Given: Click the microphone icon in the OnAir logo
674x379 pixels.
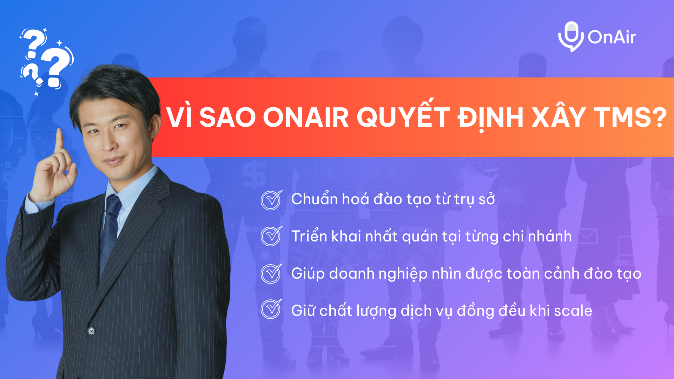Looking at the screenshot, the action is pos(571,36).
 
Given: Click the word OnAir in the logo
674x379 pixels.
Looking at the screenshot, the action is pos(612,37).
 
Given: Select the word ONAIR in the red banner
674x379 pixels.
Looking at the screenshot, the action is pos(306,117).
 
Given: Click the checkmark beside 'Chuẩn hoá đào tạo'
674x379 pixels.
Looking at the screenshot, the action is pos(271,200).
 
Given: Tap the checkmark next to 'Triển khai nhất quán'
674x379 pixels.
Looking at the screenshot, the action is pos(271,236).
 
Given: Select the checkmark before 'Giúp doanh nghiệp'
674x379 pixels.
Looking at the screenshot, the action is pos(271,273).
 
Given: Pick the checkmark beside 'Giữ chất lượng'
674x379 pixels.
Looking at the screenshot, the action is pos(271,309).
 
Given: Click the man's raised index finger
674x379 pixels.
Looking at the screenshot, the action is pos(59,140).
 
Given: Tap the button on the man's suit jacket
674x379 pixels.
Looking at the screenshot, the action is pos(91,331).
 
